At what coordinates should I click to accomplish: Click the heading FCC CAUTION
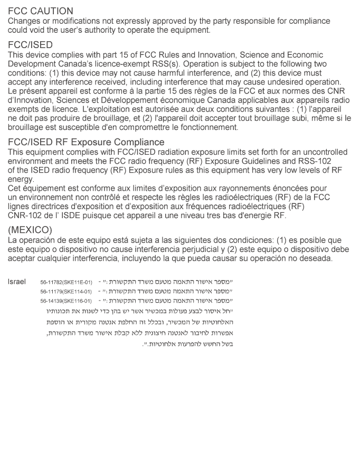41,11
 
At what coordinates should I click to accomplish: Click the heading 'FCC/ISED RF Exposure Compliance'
86,142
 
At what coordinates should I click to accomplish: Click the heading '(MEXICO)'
30,230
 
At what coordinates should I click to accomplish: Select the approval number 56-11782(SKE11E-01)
66,282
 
